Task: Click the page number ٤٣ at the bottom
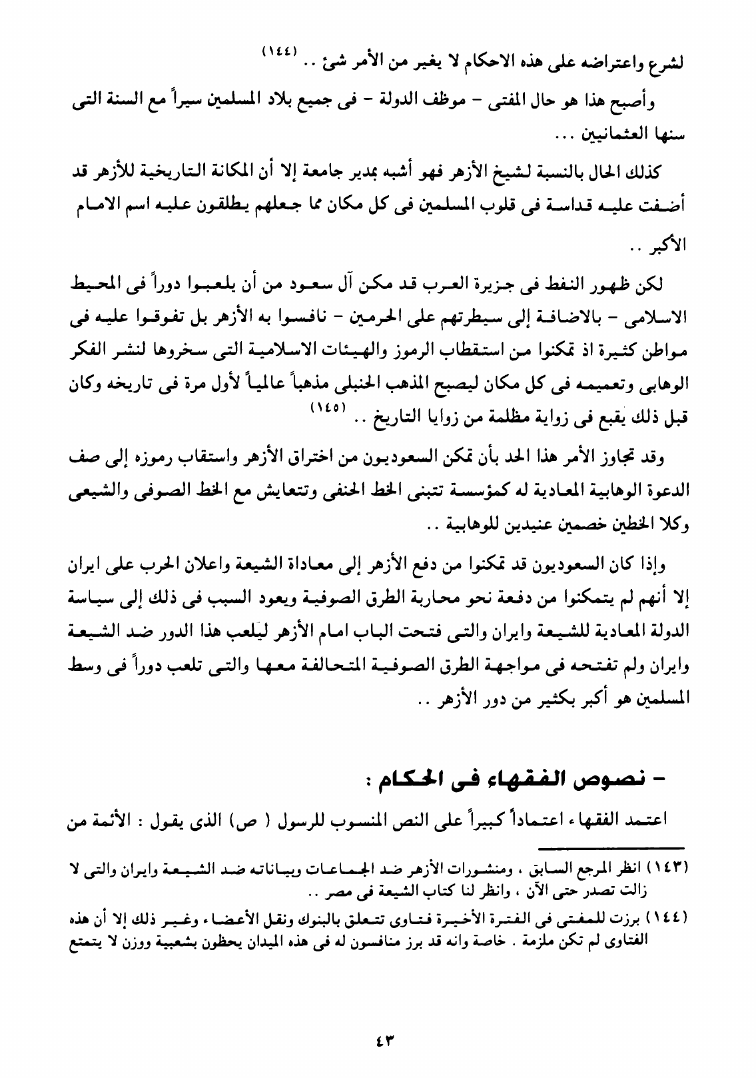[x=378, y=1039]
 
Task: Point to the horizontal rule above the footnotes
[x=610, y=847]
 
